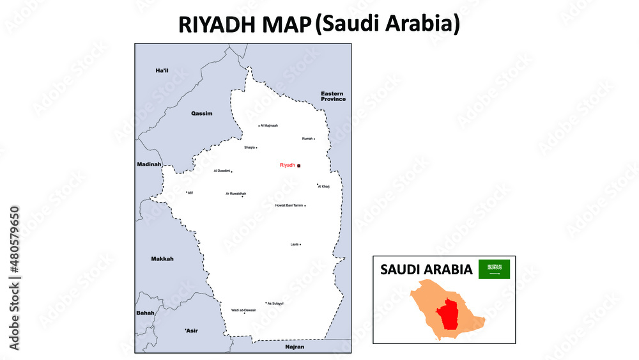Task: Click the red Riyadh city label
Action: [x=288, y=165]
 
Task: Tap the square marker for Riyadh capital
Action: [x=298, y=166]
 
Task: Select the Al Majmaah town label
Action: [x=269, y=125]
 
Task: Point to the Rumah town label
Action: [x=307, y=138]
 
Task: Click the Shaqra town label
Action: [x=249, y=147]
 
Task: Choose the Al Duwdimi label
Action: [x=222, y=171]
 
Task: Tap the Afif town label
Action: [x=190, y=192]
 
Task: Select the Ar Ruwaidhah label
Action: [x=236, y=193]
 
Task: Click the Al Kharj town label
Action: [x=323, y=187]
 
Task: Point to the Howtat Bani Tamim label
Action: [x=289, y=205]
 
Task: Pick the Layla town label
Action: [x=295, y=244]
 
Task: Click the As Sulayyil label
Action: [x=275, y=303]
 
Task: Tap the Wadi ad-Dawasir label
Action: [x=243, y=309]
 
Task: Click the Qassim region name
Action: [x=201, y=113]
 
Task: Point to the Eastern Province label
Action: [x=333, y=97]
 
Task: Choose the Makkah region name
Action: [x=162, y=258]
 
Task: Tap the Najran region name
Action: [x=295, y=347]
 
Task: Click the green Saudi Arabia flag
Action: [x=495, y=269]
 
